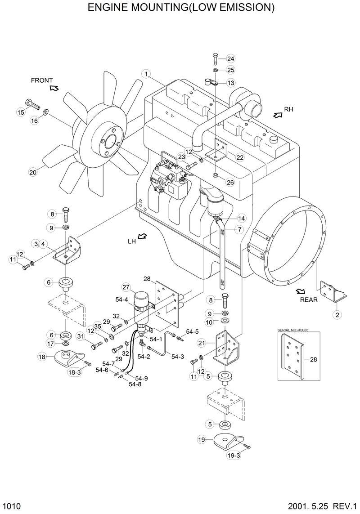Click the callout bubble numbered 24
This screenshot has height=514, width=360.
(231, 59)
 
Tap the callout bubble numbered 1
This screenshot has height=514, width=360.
(146, 74)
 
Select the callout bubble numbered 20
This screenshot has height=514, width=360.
(32, 172)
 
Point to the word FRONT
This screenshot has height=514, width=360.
(42, 80)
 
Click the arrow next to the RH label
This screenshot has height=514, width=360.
(277, 115)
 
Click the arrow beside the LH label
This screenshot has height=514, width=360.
(142, 236)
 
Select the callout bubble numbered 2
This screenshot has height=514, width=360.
(336, 315)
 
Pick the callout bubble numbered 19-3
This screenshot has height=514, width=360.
(234, 456)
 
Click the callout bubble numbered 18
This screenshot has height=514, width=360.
(42, 357)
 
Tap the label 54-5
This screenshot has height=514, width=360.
(192, 332)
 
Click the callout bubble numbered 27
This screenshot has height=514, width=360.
(126, 287)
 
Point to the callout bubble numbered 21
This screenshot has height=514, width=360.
(202, 343)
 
